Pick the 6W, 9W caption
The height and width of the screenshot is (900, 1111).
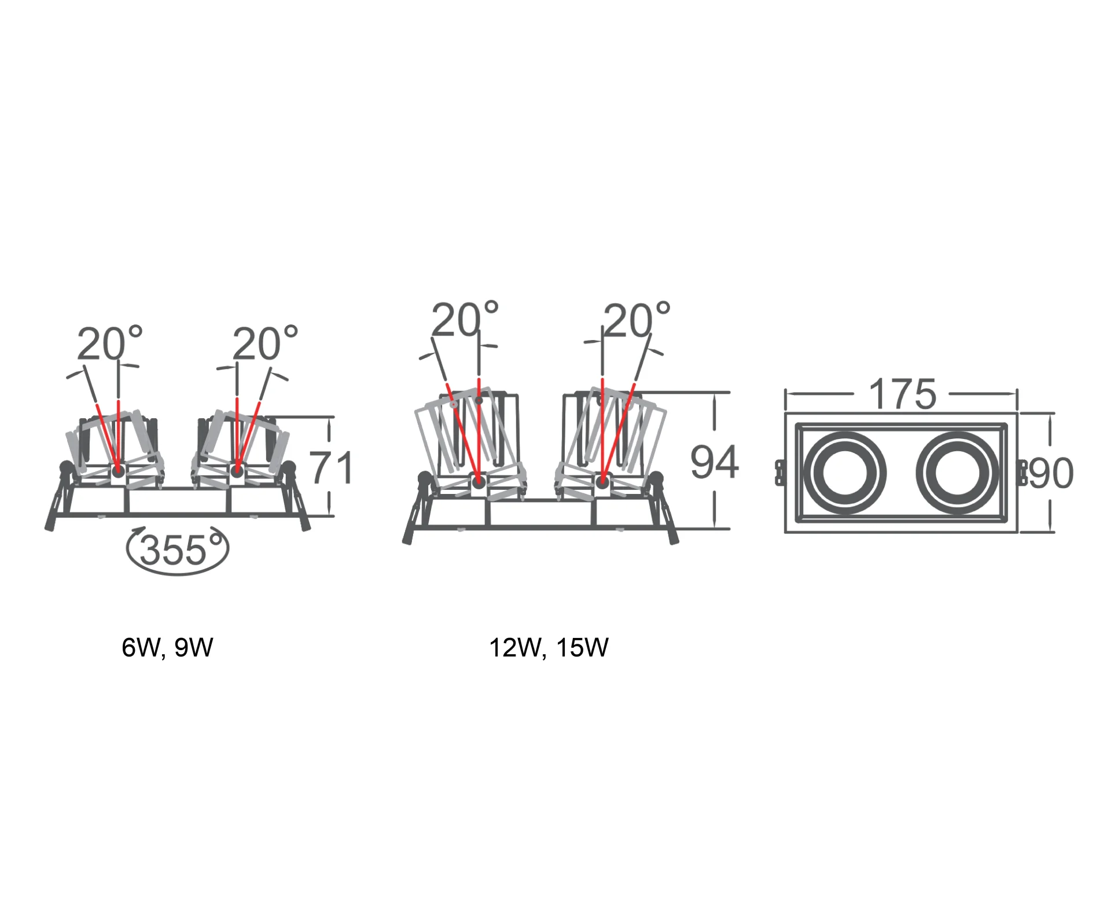167,647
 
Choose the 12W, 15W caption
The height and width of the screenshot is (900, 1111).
549,647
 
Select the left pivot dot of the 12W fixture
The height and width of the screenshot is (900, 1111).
479,481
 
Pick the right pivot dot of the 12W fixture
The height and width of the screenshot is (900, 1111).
602,479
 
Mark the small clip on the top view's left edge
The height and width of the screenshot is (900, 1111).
779,473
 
